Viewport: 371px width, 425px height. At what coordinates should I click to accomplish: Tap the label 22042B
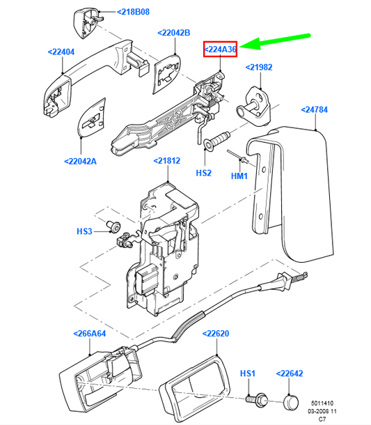click(x=175, y=33)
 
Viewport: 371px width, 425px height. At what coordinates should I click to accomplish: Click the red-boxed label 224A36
click(x=221, y=49)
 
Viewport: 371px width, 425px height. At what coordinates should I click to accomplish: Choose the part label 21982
click(x=262, y=67)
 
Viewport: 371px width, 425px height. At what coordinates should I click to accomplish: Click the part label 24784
click(x=318, y=109)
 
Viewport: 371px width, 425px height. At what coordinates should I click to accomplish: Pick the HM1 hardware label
click(x=239, y=177)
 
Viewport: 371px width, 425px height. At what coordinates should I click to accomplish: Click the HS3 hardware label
click(x=84, y=231)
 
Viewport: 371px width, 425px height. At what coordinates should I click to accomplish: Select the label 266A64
click(x=90, y=333)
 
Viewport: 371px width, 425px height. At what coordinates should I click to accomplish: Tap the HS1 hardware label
click(x=248, y=374)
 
